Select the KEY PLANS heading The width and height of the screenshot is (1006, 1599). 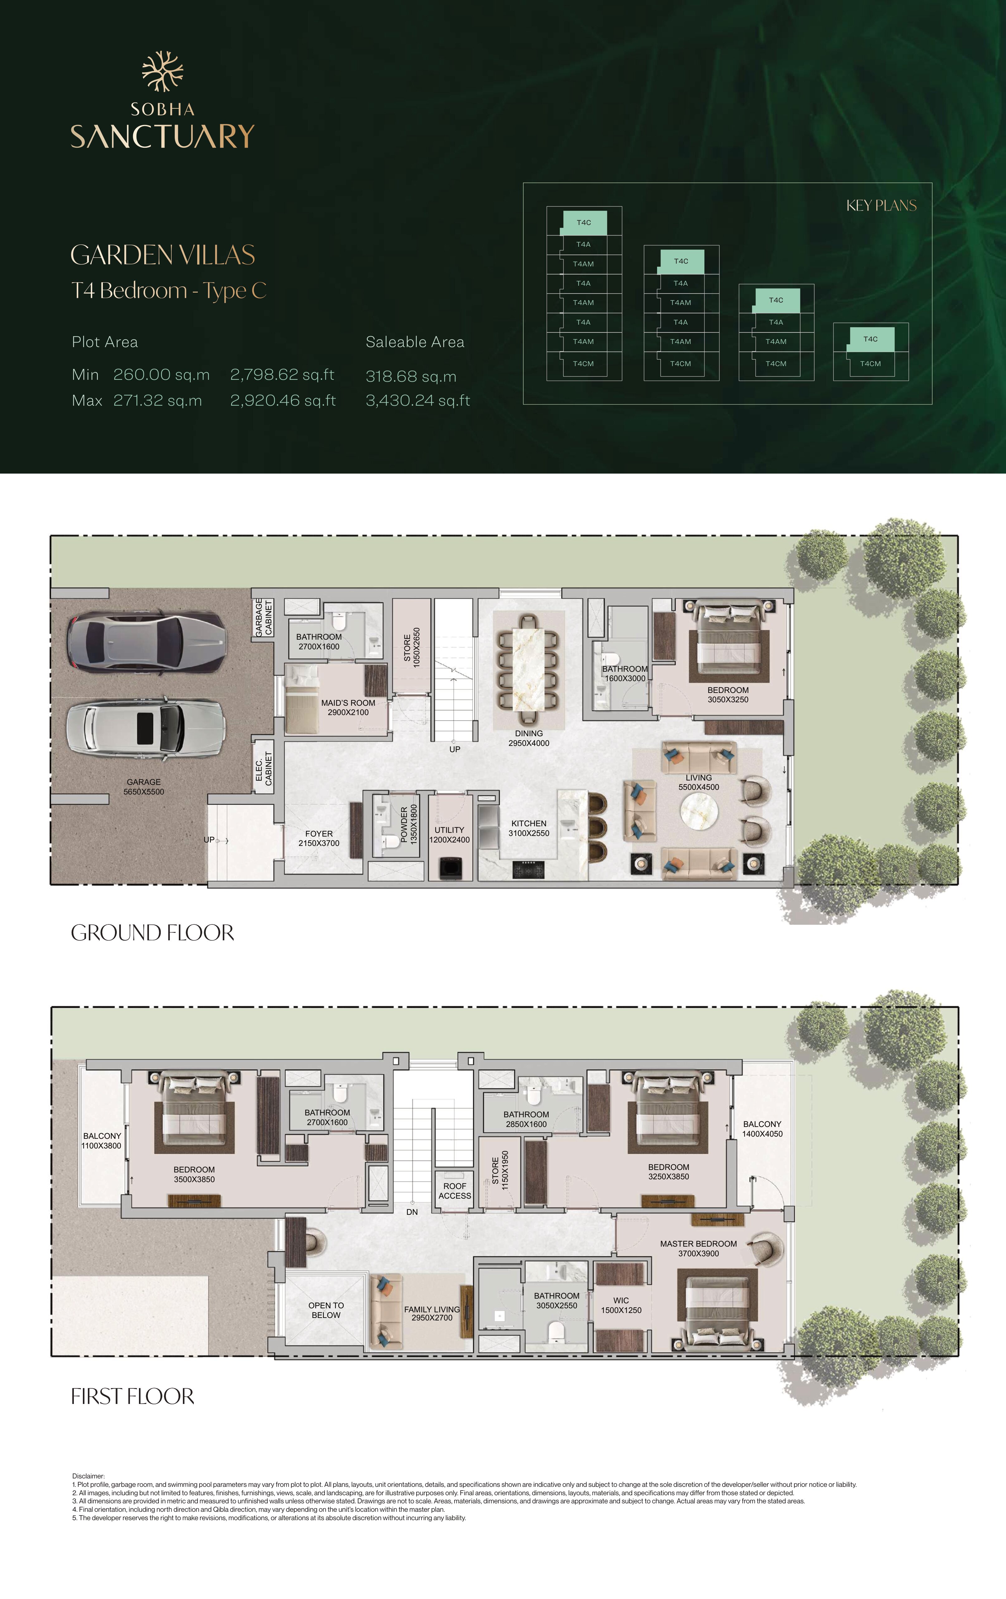point(881,206)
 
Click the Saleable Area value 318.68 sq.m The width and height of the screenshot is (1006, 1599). point(411,376)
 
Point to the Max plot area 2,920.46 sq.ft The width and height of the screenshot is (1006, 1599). point(283,400)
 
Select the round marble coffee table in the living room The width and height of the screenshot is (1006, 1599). point(699,811)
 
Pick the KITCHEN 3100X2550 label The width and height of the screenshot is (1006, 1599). point(529,828)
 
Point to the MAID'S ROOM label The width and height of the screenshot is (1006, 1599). point(348,703)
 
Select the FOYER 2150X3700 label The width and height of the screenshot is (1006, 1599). point(319,838)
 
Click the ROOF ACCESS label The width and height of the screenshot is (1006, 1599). point(455,1191)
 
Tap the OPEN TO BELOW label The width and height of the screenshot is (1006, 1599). point(326,1310)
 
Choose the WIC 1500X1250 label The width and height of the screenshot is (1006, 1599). point(621,1305)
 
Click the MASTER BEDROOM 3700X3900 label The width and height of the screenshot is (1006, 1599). point(698,1248)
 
